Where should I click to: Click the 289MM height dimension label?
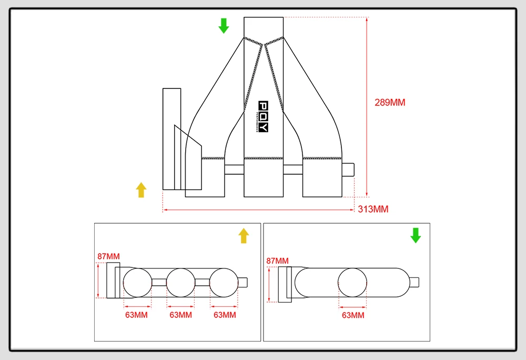tap(390, 103)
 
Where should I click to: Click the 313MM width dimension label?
tap(373, 209)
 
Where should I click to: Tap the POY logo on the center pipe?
tap(264, 117)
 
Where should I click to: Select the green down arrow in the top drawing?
tap(224, 25)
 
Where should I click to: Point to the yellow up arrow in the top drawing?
tap(141, 189)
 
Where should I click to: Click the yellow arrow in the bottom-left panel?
tap(243, 235)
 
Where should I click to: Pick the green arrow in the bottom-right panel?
tap(416, 235)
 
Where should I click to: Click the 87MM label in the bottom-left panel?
tap(108, 257)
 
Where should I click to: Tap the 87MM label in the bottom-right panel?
tap(278, 261)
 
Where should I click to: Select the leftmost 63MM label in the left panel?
tap(136, 315)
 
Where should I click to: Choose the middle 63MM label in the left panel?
tap(180, 315)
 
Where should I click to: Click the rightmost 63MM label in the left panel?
tap(225, 315)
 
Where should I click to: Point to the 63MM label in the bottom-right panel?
tap(353, 315)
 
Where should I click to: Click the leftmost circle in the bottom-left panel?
tap(137, 283)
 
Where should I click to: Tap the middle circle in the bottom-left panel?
tap(180, 283)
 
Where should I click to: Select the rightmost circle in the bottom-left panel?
tap(224, 283)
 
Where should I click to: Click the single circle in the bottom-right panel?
tap(353, 283)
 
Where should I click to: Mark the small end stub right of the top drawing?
tap(349, 170)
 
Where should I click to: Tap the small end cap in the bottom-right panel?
tap(414, 283)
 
